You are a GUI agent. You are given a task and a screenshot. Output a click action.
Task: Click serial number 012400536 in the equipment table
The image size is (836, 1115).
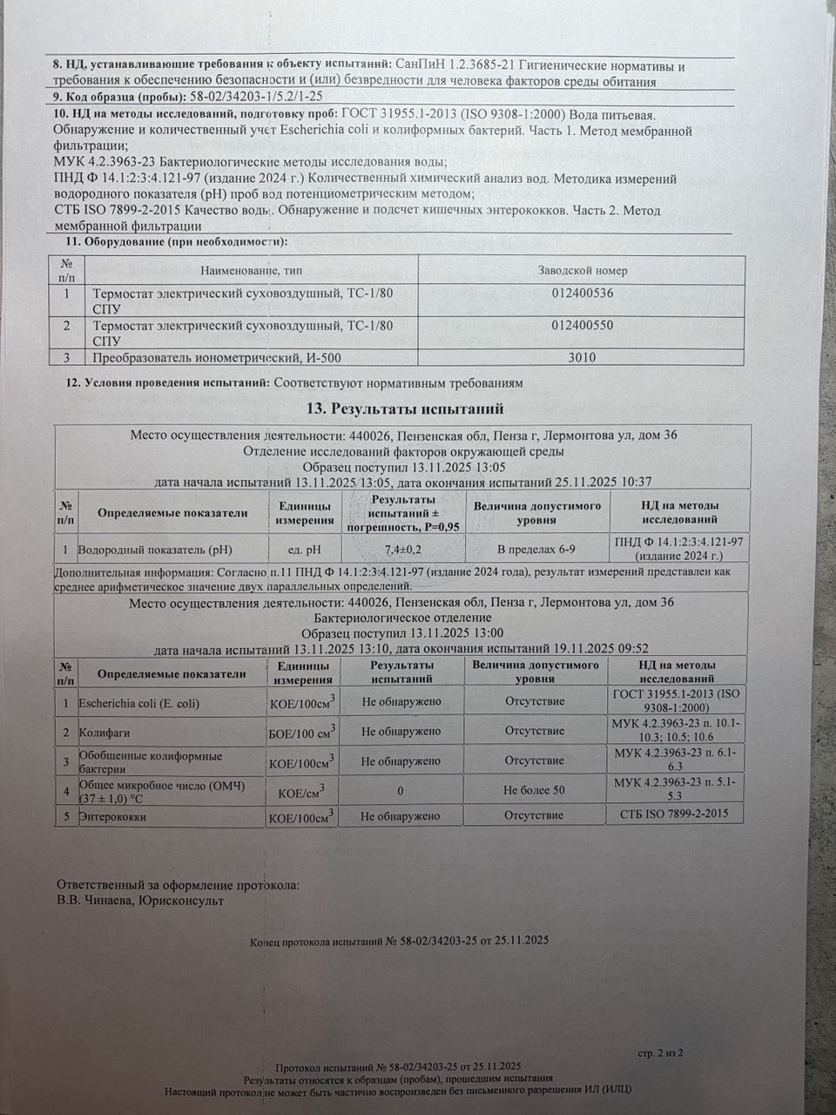pyautogui.click(x=583, y=294)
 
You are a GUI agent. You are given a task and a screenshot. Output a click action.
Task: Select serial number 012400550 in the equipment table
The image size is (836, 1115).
pyautogui.click(x=583, y=325)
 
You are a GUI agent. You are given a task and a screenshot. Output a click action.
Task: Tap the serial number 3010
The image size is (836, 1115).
pyautogui.click(x=583, y=355)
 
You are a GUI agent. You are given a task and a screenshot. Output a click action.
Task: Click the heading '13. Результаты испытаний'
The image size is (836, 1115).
pyautogui.click(x=406, y=409)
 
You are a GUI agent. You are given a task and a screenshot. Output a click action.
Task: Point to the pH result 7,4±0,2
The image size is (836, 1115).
pyautogui.click(x=403, y=549)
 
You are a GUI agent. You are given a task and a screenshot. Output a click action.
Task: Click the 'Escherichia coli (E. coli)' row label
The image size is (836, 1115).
pyautogui.click(x=138, y=702)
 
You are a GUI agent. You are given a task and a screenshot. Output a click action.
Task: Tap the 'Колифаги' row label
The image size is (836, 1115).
pyautogui.click(x=100, y=732)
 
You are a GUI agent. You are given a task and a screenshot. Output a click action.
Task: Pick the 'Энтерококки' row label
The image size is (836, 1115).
pyautogui.click(x=112, y=817)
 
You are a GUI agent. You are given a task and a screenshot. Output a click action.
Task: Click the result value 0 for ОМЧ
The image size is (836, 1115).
pyautogui.click(x=400, y=790)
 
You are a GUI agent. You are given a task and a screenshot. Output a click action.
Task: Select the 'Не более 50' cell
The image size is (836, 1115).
pyautogui.click(x=535, y=790)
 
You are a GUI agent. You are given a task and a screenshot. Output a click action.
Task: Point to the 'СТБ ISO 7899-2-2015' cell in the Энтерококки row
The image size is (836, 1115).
pyautogui.click(x=675, y=815)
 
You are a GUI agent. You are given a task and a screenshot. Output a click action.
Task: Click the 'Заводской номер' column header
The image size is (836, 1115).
pyautogui.click(x=583, y=271)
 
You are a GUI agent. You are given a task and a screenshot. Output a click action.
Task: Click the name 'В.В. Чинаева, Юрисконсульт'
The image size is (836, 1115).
pyautogui.click(x=139, y=901)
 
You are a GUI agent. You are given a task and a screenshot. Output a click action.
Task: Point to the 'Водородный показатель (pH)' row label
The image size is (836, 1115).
pyautogui.click(x=155, y=550)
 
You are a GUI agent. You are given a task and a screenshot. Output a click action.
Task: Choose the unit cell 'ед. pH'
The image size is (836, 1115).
pyautogui.click(x=304, y=550)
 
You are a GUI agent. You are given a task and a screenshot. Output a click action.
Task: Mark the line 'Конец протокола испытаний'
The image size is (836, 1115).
pyautogui.click(x=399, y=942)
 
